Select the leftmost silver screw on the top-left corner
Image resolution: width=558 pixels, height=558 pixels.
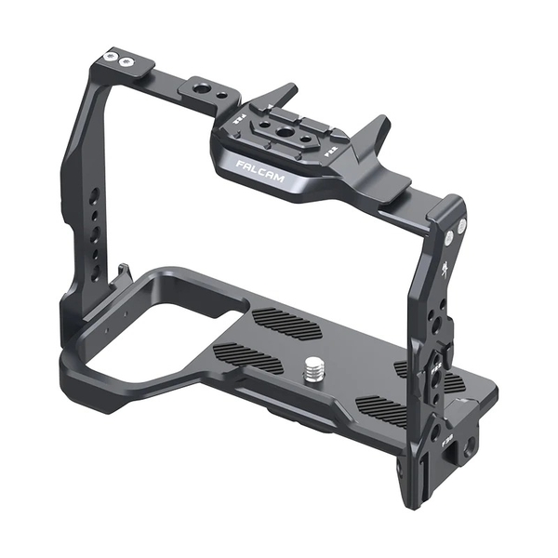pos(112,58)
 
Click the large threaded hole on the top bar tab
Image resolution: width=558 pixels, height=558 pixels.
pos(201,90)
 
